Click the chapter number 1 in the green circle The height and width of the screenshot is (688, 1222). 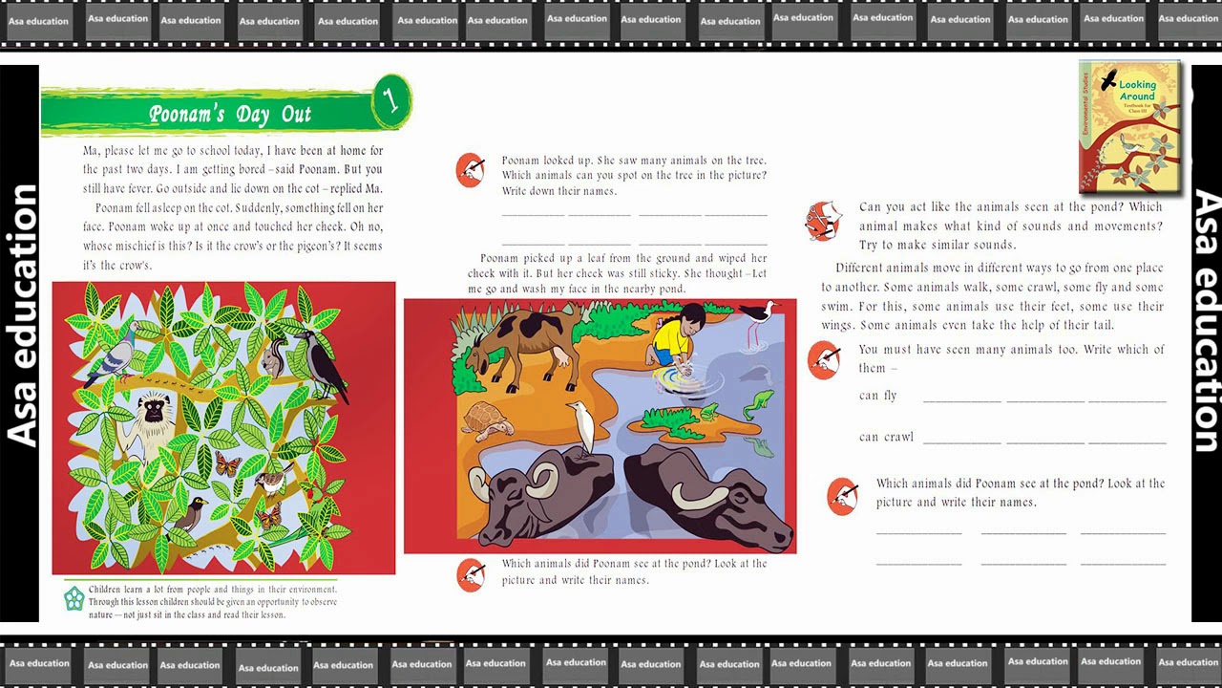coord(390,100)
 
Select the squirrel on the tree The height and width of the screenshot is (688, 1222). coord(274,357)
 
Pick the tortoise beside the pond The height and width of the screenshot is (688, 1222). coord(487,420)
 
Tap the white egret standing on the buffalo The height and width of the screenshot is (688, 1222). coord(581,427)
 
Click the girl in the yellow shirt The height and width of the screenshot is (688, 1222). coord(674,334)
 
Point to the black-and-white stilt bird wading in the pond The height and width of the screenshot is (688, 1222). coord(758,322)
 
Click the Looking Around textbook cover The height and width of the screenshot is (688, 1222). coord(1129,127)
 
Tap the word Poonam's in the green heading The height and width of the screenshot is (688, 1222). coord(186,114)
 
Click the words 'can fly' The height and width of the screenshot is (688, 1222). coord(877,396)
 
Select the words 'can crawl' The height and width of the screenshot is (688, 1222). coord(886,437)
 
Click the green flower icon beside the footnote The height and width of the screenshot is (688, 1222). coord(74,598)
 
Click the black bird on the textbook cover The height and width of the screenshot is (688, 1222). coord(1108,80)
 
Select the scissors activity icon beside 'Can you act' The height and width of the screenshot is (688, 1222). coord(823,221)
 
